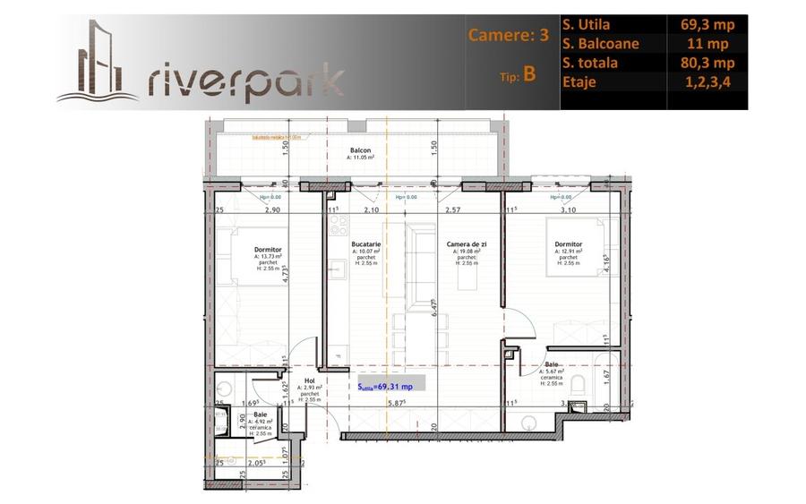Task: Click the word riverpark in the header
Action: click(x=244, y=80)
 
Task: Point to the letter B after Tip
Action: click(x=530, y=74)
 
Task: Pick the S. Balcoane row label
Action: click(x=609, y=44)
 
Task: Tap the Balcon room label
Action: click(x=360, y=150)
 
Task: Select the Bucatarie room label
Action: click(x=367, y=243)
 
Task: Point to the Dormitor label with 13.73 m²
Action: click(x=268, y=250)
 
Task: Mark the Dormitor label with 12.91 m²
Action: click(x=568, y=244)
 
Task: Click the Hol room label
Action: click(x=308, y=379)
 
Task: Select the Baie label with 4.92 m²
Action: click(x=260, y=414)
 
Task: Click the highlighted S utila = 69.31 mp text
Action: click(x=386, y=387)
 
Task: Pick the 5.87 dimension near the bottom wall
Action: click(x=397, y=404)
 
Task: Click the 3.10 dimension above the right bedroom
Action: click(x=568, y=210)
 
